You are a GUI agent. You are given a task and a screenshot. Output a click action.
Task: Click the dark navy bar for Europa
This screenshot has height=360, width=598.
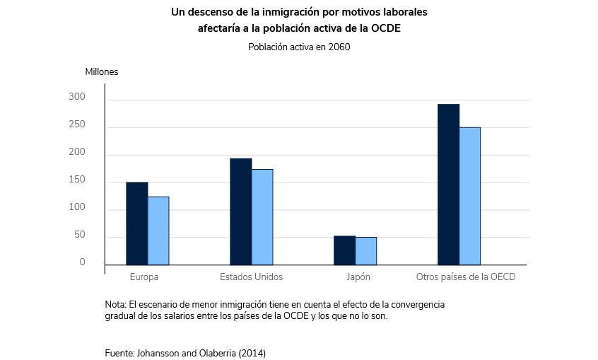(x=136, y=223)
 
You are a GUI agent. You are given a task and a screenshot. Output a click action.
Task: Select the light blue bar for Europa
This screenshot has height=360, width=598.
(x=158, y=231)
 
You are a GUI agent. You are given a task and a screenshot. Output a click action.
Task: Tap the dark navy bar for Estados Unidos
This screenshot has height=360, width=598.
(x=240, y=211)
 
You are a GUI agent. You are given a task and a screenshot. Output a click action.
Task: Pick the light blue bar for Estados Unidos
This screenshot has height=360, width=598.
(x=262, y=217)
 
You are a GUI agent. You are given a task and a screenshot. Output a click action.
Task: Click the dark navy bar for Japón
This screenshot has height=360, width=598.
(x=344, y=250)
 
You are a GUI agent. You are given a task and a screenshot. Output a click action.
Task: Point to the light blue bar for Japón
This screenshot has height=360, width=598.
(x=366, y=251)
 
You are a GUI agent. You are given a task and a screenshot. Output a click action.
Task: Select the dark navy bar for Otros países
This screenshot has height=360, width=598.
(x=448, y=185)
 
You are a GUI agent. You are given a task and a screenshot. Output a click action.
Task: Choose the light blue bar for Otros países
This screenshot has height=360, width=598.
(x=470, y=196)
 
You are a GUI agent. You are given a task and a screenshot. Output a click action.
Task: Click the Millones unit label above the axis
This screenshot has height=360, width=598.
(x=102, y=71)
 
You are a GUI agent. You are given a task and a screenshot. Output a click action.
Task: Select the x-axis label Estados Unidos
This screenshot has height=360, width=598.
(x=251, y=277)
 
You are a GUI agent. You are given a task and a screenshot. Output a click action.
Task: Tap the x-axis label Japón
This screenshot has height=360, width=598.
(x=358, y=277)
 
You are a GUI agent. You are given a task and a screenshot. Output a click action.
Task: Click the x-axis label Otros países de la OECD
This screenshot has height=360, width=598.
(x=465, y=277)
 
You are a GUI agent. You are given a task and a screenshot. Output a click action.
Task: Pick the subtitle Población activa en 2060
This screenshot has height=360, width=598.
(x=299, y=47)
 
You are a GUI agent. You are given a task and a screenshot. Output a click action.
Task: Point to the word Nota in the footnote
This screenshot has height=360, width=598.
(x=115, y=304)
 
